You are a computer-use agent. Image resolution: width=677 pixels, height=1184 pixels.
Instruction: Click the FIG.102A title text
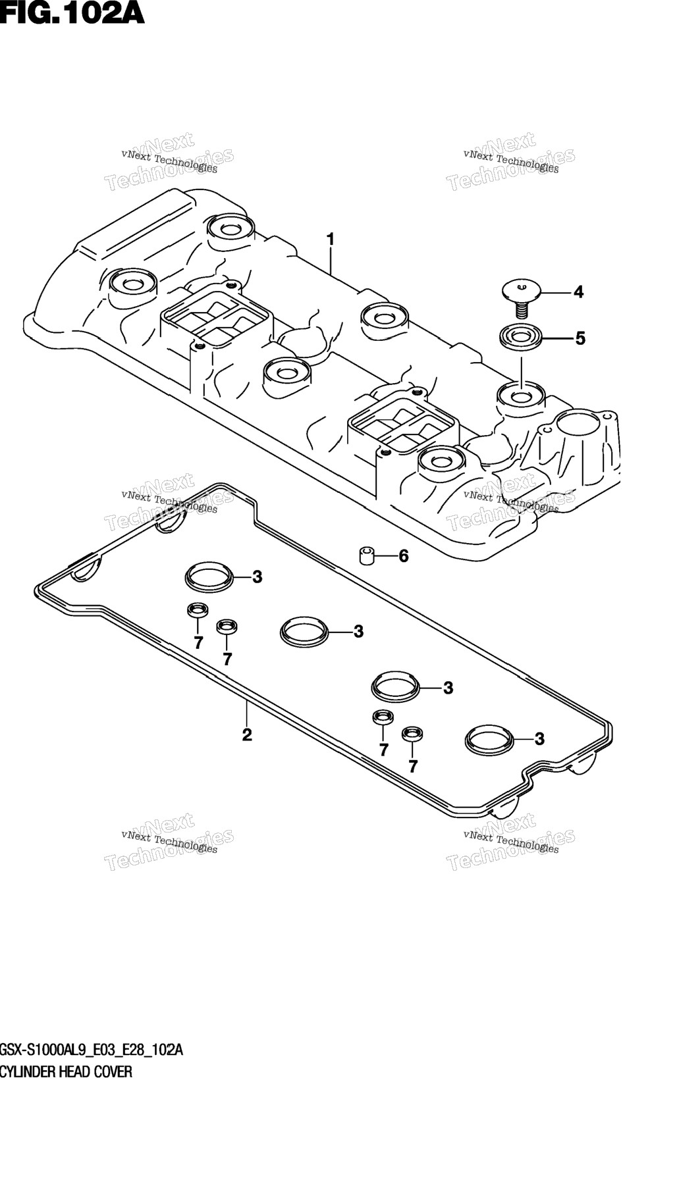point(72,13)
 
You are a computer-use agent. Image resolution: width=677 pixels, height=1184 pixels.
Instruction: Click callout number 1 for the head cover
point(331,239)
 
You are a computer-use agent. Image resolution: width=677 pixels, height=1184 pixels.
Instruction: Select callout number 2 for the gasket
point(247,734)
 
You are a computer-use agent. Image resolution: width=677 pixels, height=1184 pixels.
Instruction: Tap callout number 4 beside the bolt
point(578,292)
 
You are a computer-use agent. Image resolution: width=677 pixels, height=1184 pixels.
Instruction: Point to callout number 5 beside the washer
point(580,338)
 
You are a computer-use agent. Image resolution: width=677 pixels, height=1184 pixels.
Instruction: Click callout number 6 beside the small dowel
point(403,556)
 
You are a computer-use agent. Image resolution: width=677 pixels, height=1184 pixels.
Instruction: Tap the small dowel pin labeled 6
point(367,556)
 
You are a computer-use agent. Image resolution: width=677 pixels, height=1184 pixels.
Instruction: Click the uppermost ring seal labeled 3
point(209,577)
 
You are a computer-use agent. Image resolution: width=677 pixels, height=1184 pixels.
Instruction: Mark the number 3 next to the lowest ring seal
point(539,739)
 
